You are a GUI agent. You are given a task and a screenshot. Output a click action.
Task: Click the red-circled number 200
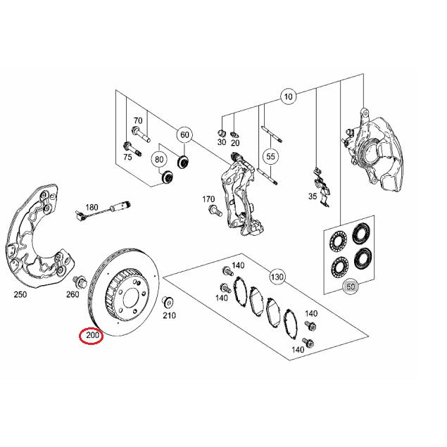(92, 336)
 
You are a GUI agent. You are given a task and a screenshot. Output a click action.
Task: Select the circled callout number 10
(287, 96)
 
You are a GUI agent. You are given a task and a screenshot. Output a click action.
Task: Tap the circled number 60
(184, 134)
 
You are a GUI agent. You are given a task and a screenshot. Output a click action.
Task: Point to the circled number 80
(159, 158)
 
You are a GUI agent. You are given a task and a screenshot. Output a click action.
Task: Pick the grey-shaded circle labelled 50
(350, 287)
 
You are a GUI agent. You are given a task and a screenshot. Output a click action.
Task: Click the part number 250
(20, 294)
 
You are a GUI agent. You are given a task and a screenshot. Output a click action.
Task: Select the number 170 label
(208, 199)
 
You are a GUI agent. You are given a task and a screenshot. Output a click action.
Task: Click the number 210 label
(169, 315)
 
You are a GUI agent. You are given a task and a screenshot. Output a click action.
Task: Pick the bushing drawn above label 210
(169, 303)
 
